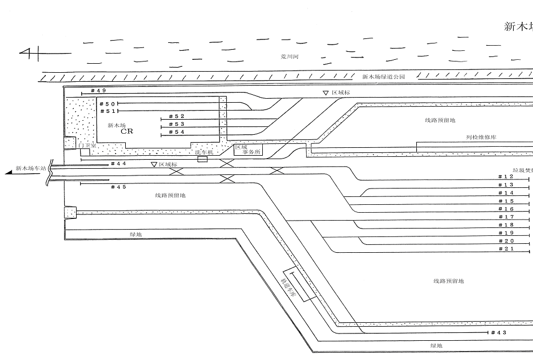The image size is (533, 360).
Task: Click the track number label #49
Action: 98,90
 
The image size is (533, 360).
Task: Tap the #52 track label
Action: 176,116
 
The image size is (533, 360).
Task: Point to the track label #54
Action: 176,131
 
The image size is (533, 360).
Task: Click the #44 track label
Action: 118,164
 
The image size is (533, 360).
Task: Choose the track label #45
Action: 118,187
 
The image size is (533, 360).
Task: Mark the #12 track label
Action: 506,177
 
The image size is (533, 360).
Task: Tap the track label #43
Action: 499,332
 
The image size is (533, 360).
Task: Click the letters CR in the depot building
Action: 127,131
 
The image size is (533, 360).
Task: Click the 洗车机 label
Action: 204,152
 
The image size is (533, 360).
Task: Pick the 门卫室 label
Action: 88,145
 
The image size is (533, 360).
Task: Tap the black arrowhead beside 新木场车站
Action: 8,171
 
